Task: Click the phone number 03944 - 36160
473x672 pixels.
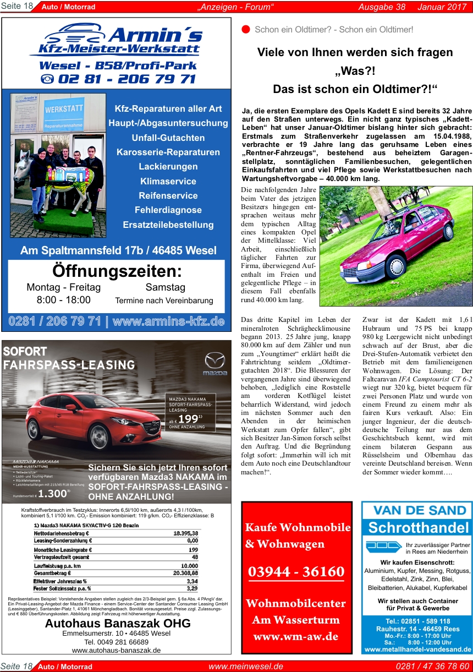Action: (x=296, y=572)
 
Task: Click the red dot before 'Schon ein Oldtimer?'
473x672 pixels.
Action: (x=246, y=29)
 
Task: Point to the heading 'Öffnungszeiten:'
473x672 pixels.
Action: (x=117, y=271)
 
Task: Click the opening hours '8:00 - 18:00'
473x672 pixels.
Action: (x=63, y=300)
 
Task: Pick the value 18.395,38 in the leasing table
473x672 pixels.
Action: (x=185, y=533)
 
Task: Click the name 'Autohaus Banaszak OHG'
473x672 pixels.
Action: (x=118, y=624)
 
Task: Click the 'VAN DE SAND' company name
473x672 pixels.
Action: (x=417, y=510)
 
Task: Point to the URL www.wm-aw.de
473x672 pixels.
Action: (x=296, y=637)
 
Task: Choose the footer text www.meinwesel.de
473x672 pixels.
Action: (x=245, y=666)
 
